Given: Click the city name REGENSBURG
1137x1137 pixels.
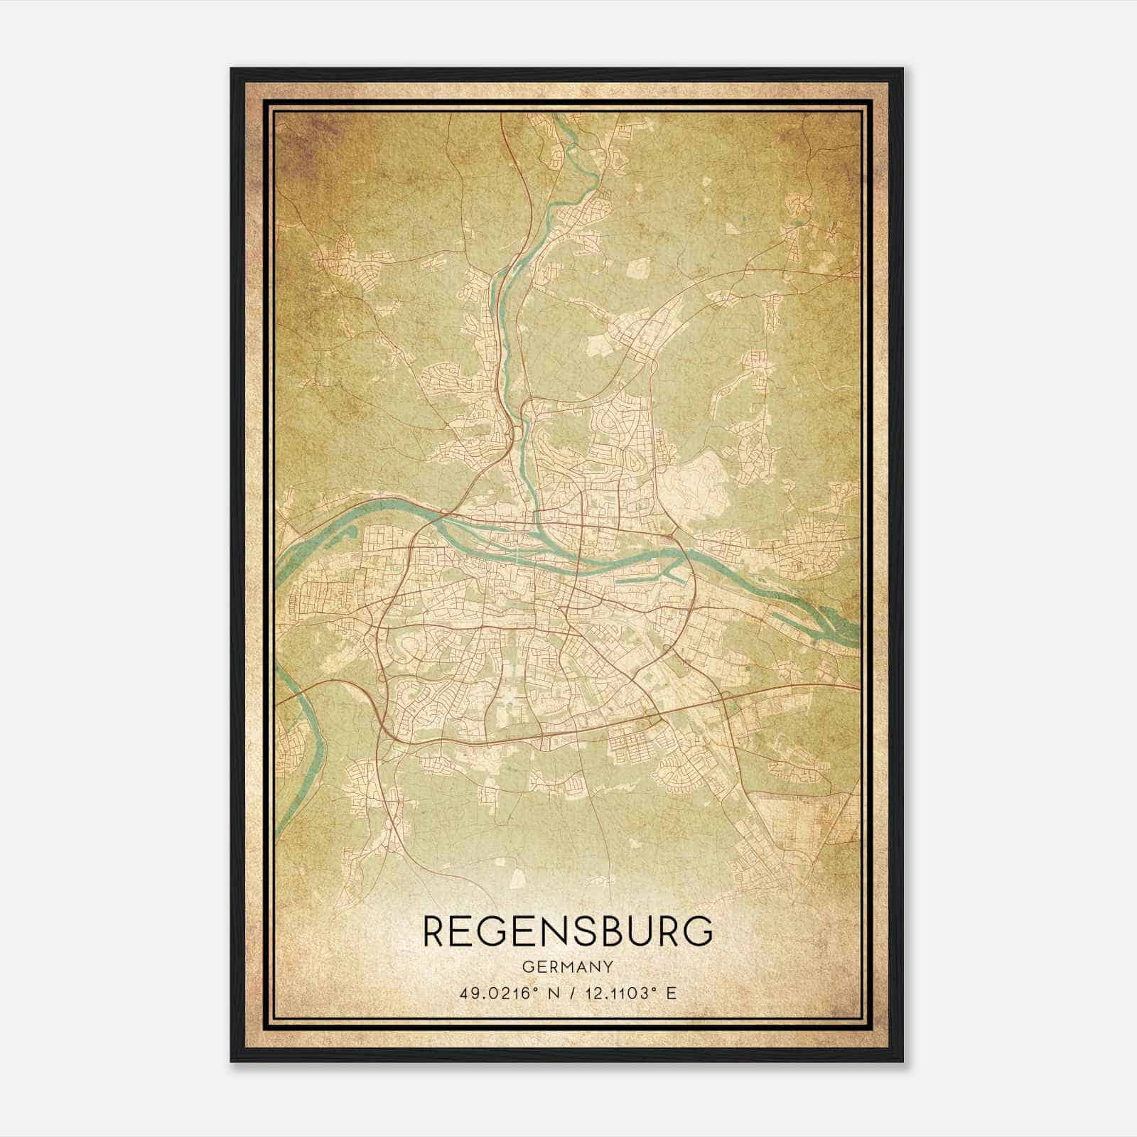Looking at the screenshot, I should (x=568, y=931).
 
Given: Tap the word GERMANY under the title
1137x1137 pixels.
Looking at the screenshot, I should (x=568, y=966).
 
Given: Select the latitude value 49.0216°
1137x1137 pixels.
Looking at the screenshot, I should (x=495, y=993).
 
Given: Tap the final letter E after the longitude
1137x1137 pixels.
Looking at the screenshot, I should (x=672, y=993).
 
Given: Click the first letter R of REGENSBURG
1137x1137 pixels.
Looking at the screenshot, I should (x=435, y=931).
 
